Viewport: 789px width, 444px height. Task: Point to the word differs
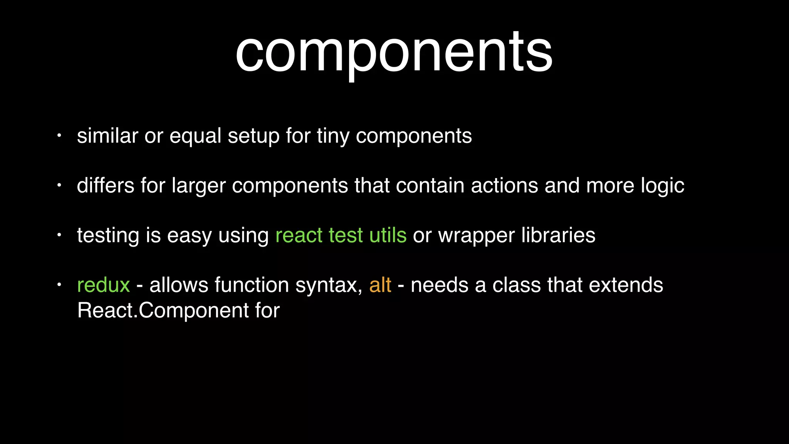105,185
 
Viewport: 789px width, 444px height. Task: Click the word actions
504,186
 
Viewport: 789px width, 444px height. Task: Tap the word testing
108,236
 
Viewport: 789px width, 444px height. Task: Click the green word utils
388,235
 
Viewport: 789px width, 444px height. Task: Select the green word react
299,236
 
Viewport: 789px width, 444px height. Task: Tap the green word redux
103,285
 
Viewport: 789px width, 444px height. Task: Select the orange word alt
380,285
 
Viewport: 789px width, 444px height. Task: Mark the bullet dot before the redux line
59,285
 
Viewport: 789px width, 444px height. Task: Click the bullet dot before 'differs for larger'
59,185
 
